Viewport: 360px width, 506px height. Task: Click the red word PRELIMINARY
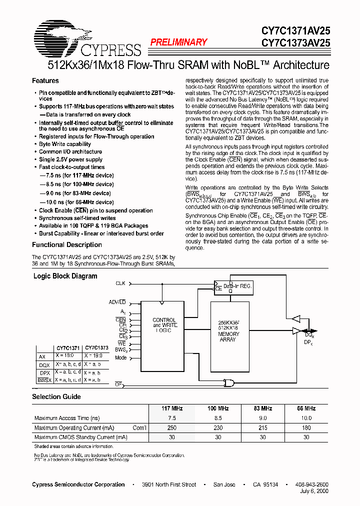[178, 42]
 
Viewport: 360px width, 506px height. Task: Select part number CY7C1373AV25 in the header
[295, 43]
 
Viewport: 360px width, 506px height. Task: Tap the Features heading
[45, 80]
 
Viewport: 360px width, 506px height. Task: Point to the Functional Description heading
[67, 244]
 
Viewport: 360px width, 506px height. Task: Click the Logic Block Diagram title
[65, 276]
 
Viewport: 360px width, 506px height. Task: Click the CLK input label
[120, 283]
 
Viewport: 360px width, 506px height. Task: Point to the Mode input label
[120, 358]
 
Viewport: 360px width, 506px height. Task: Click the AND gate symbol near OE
[229, 382]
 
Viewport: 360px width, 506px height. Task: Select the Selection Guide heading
[56, 396]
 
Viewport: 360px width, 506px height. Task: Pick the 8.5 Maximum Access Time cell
[218, 418]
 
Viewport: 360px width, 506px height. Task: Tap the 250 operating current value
[172, 427]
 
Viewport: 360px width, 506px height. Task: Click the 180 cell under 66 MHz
[306, 427]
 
